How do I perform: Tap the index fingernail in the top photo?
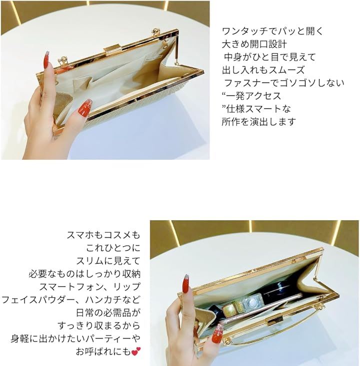[47, 60]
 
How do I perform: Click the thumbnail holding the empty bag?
[84, 108]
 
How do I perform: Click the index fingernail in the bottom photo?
[186, 284]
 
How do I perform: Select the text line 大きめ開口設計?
[254, 44]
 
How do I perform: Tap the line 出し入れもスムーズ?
[263, 70]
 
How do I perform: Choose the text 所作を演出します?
[259, 122]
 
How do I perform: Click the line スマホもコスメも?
[103, 235]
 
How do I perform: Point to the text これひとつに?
[113, 248]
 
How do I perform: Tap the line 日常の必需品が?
[108, 313]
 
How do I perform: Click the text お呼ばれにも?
[103, 352]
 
